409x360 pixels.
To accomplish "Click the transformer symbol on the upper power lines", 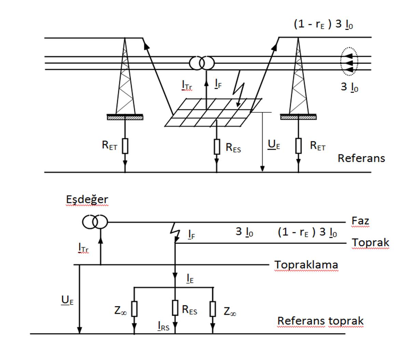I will tap(202, 63).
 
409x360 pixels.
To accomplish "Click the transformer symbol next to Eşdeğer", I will tap(95, 222).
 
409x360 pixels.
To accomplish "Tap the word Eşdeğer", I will tap(87, 200).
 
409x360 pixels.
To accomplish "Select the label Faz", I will tap(360, 221).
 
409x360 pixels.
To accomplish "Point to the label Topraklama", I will tap(306, 265).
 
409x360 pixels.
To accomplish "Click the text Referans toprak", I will tap(320, 321).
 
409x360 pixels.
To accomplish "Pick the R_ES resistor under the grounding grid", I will tap(217, 147).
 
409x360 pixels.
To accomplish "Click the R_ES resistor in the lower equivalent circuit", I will tap(175, 307).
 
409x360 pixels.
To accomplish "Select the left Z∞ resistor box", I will tap(134, 309).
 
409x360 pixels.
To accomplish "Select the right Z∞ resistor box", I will tap(213, 309).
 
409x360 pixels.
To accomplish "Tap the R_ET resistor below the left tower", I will tap(125, 146).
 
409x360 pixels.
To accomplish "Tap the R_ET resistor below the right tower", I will tap(299, 146).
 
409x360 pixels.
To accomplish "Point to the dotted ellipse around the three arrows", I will tap(349, 63).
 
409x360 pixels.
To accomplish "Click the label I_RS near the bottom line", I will tap(163, 327).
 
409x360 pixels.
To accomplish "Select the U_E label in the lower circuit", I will tap(67, 300).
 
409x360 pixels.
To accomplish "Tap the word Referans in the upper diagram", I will tap(361, 158).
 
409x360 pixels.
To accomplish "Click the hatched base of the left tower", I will tap(125, 117).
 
